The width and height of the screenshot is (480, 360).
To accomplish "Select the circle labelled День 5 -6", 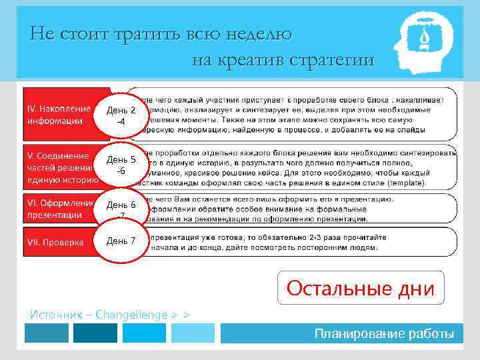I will pyautogui.click(x=121, y=165).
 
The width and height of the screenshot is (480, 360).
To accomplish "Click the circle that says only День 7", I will pyautogui.click(x=121, y=241).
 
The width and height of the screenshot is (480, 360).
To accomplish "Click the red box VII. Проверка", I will pyautogui.click(x=60, y=241).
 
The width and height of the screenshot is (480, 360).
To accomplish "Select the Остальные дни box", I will pyautogui.click(x=361, y=288).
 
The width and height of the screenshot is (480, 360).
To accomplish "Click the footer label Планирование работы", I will pyautogui.click(x=385, y=333).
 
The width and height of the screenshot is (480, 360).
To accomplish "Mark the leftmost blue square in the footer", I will pyautogui.click(x=46, y=333).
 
